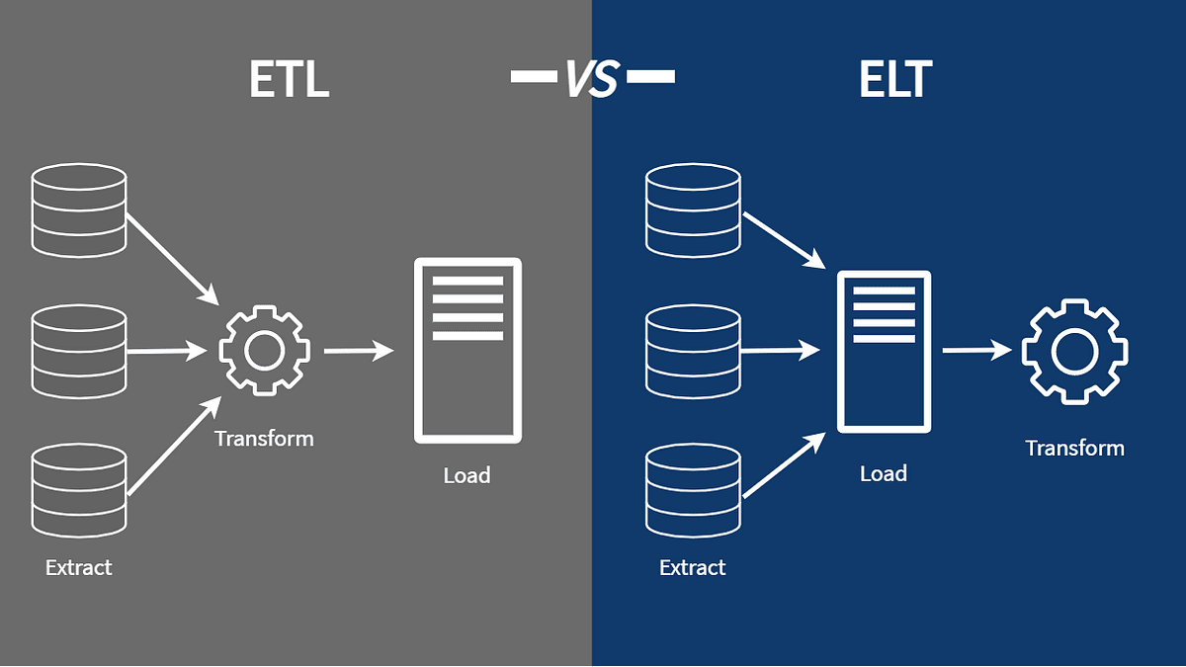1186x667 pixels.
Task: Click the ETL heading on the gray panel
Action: click(289, 80)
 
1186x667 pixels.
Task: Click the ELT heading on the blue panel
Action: click(894, 80)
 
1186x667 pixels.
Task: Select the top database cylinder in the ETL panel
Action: click(79, 209)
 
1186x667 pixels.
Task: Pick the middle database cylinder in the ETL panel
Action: click(79, 351)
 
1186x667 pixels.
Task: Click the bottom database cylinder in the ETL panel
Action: click(79, 490)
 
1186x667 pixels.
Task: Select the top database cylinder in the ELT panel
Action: click(692, 209)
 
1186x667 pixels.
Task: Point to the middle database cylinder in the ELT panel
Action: click(692, 351)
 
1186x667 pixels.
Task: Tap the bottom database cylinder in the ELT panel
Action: click(692, 490)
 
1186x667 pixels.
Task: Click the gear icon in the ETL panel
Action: click(264, 350)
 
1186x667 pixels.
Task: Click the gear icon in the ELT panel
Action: click(1074, 350)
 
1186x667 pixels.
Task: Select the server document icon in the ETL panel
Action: click(467, 351)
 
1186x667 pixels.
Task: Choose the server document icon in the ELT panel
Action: click(884, 351)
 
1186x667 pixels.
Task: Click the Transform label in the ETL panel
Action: click(264, 438)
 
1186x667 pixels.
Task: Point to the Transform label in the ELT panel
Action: click(1074, 448)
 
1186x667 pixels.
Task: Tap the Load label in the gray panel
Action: click(466, 475)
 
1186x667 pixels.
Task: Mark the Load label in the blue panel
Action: click(883, 473)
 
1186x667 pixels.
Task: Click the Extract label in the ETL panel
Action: click(79, 567)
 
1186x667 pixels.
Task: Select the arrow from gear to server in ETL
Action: click(358, 350)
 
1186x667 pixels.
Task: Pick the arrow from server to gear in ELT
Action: click(976, 350)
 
